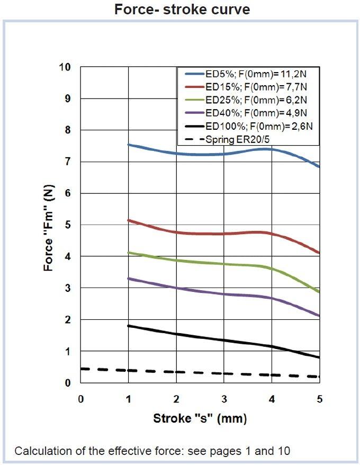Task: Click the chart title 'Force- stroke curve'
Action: click(182, 9)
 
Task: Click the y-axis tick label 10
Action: click(65, 67)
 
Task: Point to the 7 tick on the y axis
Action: click(67, 162)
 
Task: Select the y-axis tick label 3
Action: click(67, 288)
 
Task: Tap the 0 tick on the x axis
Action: click(80, 399)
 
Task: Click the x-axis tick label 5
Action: click(319, 399)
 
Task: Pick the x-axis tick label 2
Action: click(176, 399)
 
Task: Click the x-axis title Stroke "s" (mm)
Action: click(200, 418)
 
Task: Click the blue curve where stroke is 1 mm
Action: click(129, 144)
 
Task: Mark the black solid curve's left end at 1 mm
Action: click(129, 326)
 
